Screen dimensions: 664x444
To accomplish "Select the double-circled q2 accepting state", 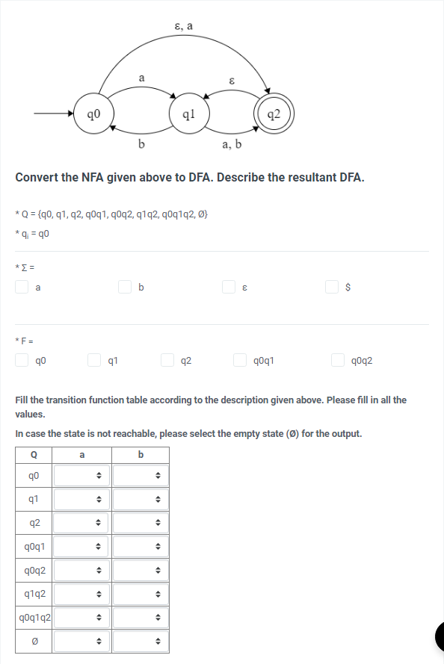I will pos(274,114).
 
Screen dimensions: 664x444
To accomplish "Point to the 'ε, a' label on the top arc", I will pos(183,25).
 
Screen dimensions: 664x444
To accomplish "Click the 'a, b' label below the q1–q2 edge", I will pos(232,144).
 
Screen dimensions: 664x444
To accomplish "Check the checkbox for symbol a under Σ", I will pos(22,286).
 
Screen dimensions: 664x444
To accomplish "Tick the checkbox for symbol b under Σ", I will pos(126,286).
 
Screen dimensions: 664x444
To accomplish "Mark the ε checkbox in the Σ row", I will pos(229,286).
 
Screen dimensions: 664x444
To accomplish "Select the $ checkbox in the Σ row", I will pos(332,286).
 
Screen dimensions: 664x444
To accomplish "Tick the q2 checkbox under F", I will pos(168,361).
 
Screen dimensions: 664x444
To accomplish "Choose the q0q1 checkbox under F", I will pos(241,361).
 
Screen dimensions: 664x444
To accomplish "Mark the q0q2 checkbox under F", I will pos(339,361).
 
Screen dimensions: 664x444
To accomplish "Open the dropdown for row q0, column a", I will pos(81,474).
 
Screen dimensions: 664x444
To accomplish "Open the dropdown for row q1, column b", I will pos(140,498).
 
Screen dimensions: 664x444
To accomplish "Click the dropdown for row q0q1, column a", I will pos(81,546).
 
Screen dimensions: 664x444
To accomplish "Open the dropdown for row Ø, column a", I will pos(81,642).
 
